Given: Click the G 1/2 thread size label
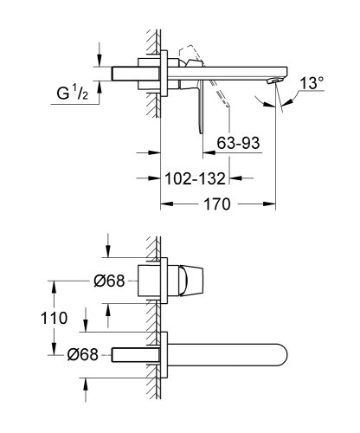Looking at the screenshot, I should pos(75,91).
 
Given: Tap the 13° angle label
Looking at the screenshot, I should pos(312,85).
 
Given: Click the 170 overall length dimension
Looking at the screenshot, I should pos(217,205).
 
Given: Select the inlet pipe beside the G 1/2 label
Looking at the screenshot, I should pos(130,72).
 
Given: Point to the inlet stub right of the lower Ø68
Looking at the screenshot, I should pos(134,354).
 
